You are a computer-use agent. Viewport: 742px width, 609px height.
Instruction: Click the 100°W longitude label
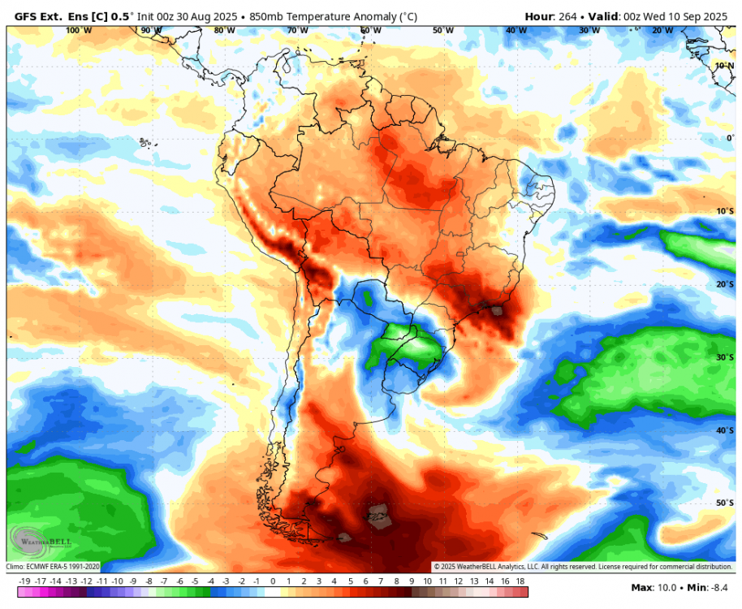point(78,30)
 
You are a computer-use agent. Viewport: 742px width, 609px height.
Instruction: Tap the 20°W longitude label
point(662,30)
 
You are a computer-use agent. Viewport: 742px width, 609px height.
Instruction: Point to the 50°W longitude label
point(443,30)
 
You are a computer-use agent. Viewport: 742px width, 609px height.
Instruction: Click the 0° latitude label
point(729,138)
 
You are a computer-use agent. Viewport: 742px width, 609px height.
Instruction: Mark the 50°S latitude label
point(725,503)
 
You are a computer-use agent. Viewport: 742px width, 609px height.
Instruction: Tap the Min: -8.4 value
point(711,587)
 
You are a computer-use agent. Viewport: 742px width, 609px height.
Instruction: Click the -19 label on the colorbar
point(24,581)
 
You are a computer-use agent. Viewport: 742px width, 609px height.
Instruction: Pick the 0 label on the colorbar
point(273,581)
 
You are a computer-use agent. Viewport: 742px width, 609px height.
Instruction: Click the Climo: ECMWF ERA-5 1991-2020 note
point(53,567)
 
